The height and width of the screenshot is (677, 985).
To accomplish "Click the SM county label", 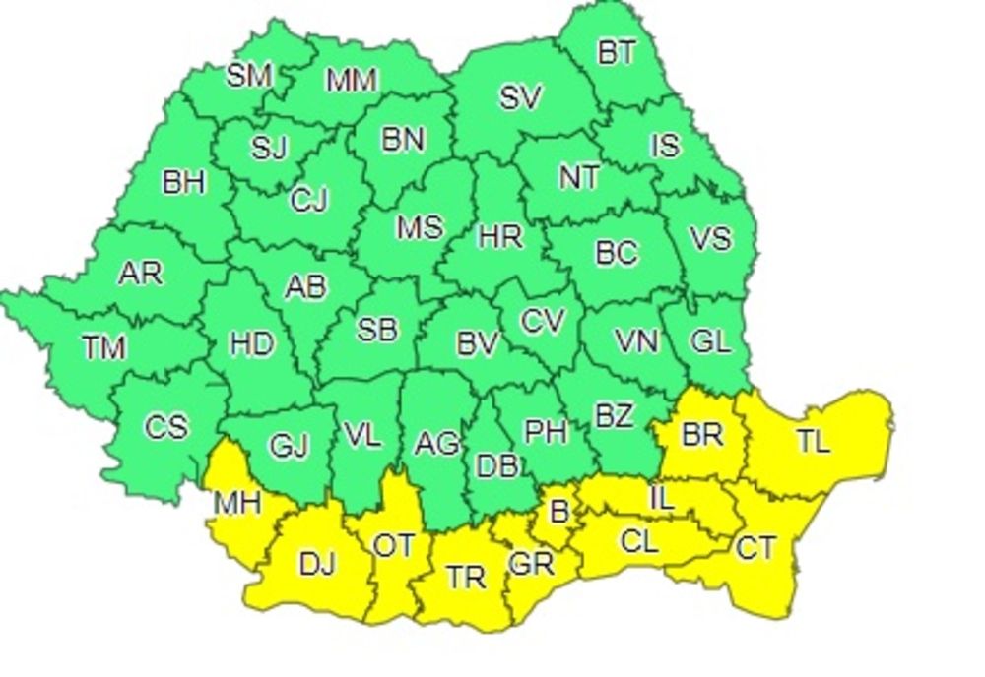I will click(248, 76).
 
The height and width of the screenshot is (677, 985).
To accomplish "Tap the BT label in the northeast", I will click(617, 52).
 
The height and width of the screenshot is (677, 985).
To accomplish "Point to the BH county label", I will click(184, 182).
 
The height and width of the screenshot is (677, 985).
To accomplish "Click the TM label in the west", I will click(103, 346).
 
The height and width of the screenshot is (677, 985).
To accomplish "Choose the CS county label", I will click(165, 427).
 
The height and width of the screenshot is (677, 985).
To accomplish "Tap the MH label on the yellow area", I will click(237, 503).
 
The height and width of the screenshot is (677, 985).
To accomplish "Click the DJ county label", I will click(317, 564).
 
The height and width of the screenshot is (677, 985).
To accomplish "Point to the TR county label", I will click(466, 577).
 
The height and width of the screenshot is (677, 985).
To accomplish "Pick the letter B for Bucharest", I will click(559, 511).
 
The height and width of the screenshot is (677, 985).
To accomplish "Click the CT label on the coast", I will click(755, 547).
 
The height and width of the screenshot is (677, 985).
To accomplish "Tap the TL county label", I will click(813, 442).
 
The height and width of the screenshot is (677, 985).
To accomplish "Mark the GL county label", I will click(710, 341).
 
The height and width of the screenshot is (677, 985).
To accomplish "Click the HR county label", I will click(499, 237).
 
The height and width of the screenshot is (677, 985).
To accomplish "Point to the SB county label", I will click(376, 329).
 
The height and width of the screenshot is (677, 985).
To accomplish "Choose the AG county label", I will click(436, 444).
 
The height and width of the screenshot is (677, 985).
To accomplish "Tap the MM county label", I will click(352, 81).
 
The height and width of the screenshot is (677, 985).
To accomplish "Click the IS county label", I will click(665, 146).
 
